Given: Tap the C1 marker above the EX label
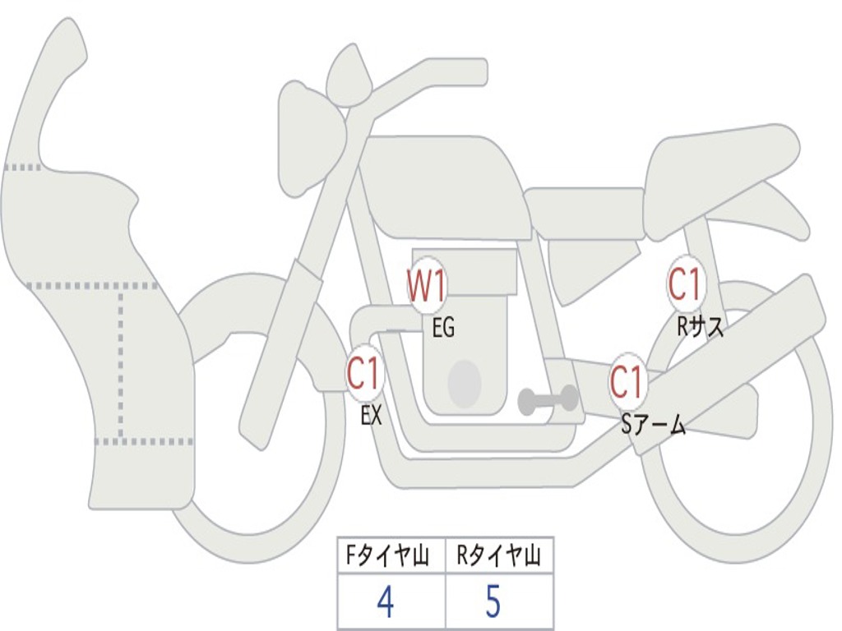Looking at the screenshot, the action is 365,375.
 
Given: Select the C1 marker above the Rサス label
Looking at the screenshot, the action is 684,285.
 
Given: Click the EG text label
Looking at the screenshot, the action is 442,329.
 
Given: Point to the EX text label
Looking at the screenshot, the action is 372,416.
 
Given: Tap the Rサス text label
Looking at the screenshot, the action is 700,327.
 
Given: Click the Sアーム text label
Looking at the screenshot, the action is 654,425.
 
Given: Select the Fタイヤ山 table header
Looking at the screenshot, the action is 391,557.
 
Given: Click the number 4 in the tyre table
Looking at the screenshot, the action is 385,602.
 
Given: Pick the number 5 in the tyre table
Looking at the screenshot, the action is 493,602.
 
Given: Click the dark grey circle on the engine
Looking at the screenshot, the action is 464,383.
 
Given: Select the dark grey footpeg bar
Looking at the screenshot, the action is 548,399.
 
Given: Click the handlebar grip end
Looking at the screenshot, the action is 475,72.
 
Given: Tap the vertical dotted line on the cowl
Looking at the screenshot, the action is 121,362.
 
